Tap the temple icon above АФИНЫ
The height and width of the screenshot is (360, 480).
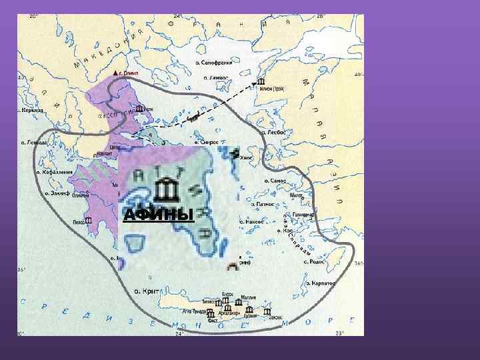click(x=167, y=191)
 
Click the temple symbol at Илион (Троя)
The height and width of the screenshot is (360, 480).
click(x=260, y=83)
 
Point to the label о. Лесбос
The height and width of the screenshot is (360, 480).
click(x=273, y=132)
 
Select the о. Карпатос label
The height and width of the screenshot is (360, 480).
click(x=321, y=284)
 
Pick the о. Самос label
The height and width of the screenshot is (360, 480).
click(x=275, y=180)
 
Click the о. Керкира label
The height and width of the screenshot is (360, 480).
click(x=31, y=110)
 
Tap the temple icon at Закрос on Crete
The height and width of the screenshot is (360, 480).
click(x=267, y=311)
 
